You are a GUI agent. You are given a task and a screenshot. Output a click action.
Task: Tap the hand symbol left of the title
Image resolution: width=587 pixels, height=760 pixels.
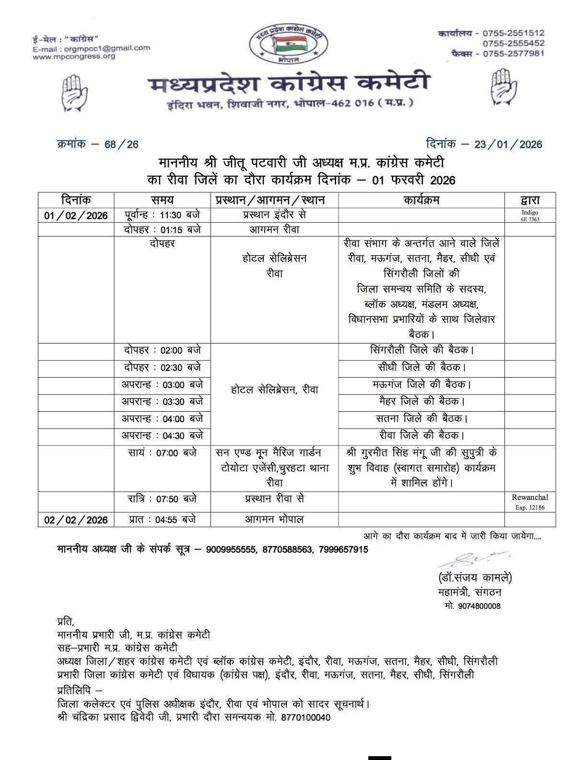(x=75, y=91)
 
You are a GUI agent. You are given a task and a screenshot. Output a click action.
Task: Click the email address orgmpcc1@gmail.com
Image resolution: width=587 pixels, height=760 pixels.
(x=106, y=48)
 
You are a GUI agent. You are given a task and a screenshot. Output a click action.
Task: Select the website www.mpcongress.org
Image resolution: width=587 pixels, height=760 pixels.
(x=74, y=56)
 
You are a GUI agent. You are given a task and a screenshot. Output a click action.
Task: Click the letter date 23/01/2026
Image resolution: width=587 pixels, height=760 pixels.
(x=508, y=144)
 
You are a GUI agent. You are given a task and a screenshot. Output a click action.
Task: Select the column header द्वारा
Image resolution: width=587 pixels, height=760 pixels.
(x=530, y=200)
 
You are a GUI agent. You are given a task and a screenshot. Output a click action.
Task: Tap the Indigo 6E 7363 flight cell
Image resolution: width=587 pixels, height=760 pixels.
(x=530, y=215)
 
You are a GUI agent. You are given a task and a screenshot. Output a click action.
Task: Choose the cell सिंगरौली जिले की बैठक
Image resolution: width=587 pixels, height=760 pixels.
(x=422, y=350)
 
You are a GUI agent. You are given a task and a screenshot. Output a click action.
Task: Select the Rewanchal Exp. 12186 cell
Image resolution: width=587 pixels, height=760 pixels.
(x=530, y=502)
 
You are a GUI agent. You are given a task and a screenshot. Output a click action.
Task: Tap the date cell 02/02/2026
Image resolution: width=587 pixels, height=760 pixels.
(x=76, y=520)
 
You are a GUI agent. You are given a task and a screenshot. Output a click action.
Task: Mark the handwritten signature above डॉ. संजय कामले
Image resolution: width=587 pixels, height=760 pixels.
(x=472, y=559)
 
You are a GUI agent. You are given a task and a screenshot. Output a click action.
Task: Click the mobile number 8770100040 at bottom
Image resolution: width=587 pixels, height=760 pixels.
(x=306, y=718)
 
